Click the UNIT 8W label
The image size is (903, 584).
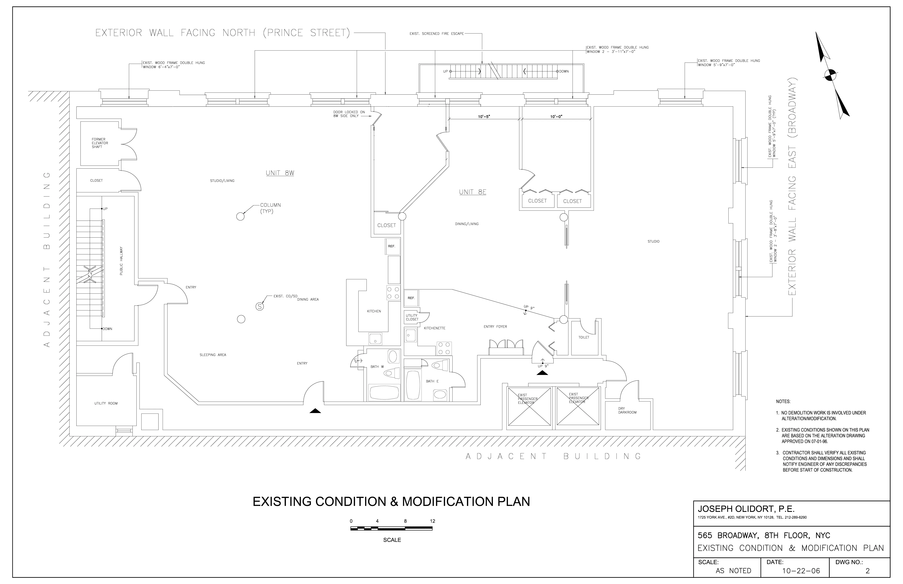point(280,173)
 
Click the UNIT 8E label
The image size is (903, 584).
point(472,192)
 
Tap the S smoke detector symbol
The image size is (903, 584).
point(260,306)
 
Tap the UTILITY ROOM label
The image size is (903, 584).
point(106,403)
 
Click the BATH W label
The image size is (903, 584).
point(377,367)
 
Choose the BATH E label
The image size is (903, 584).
point(432,381)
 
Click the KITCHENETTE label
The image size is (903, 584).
point(435,328)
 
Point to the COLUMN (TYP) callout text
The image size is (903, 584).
point(270,208)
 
